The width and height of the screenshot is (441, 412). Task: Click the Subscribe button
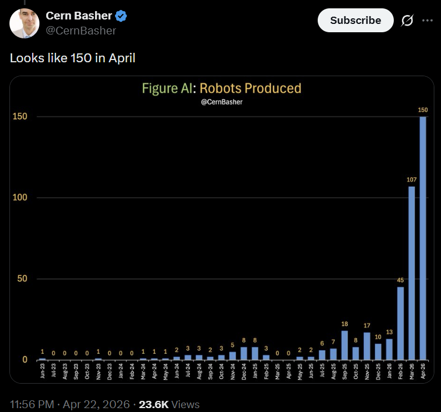coord(355,21)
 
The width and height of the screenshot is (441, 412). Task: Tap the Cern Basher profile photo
coord(24,23)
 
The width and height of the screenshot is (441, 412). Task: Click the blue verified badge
coord(121,16)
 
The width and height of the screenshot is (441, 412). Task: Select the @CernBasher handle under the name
coord(81,31)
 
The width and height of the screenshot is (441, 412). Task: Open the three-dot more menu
coord(427,21)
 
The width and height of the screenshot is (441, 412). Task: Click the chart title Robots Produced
coord(250,88)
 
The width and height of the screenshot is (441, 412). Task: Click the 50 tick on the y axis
coord(22,279)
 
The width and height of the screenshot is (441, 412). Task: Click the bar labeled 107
coord(412,272)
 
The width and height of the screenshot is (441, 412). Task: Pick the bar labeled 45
coord(400,323)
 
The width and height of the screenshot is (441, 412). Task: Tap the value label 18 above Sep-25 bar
coord(344,324)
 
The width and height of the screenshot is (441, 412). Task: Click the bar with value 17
coord(367,346)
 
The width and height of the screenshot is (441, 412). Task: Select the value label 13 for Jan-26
coord(389,332)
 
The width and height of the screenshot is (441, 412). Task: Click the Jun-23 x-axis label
coord(43,371)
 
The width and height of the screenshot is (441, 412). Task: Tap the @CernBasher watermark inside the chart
coord(221,102)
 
